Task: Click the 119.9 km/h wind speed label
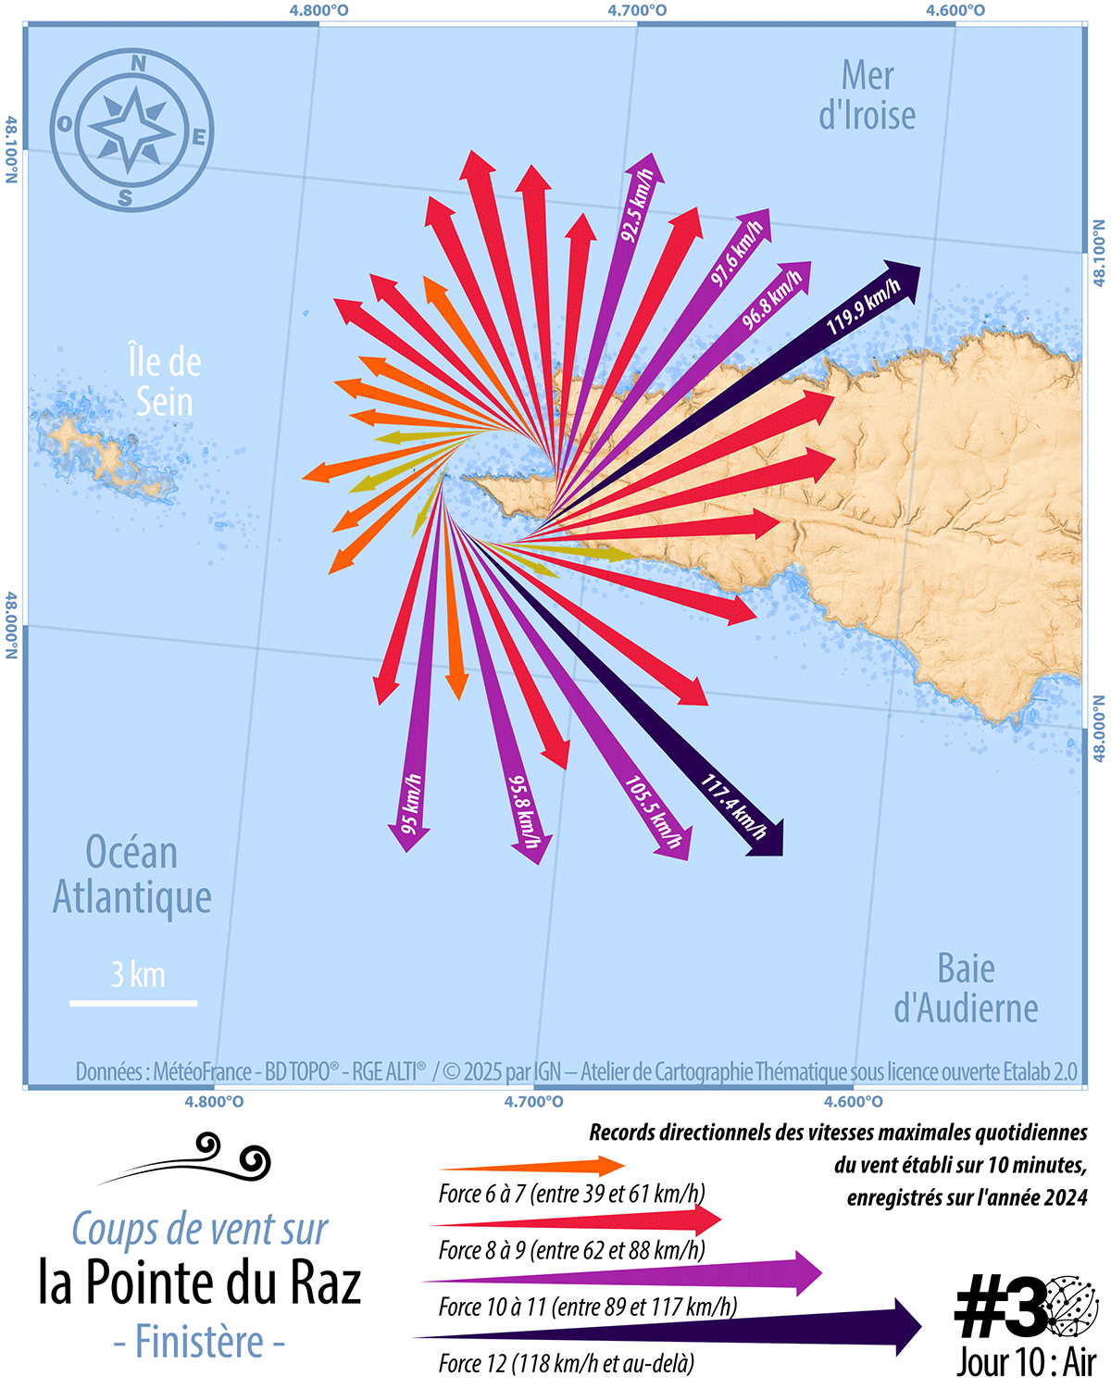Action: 863,307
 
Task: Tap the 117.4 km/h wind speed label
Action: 734,807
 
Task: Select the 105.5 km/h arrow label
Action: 654,811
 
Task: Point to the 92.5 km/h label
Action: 637,206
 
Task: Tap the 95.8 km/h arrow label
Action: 523,810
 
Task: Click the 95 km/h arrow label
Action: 411,802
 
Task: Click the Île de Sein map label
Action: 165,382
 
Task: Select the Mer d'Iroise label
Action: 868,96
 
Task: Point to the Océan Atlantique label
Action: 131,875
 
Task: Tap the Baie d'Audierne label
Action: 966,989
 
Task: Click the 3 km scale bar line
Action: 133,1003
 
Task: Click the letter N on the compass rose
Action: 138,64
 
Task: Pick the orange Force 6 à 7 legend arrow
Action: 532,1167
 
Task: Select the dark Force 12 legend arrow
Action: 667,1329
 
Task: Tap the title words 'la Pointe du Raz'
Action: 199,1283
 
